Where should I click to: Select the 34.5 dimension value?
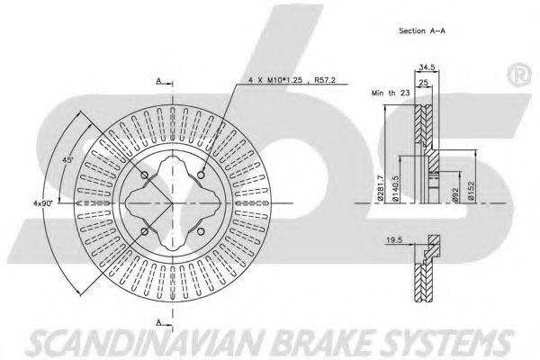pyautogui.click(x=427, y=67)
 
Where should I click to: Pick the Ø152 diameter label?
pyautogui.click(x=471, y=190)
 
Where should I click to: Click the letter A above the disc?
pyautogui.click(x=158, y=81)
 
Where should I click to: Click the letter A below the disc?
pyautogui.click(x=158, y=320)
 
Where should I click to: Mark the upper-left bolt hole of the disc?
pyautogui.click(x=144, y=175)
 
